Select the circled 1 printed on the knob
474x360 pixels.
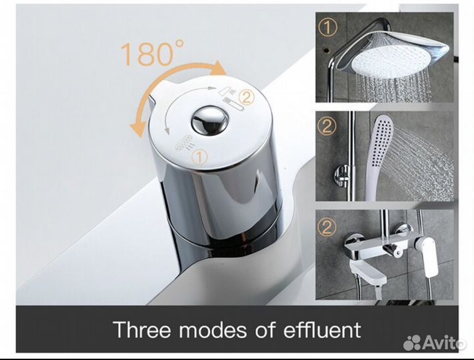click(200, 157)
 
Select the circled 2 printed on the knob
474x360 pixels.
click(247, 97)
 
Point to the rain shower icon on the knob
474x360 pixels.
click(183, 142)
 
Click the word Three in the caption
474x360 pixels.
click(141, 329)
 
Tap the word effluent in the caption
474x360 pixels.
click(322, 329)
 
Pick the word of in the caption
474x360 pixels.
click(265, 329)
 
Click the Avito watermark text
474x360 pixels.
click(443, 342)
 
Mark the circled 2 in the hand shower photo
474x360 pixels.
click(326, 127)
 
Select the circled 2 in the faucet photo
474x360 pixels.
click(327, 227)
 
